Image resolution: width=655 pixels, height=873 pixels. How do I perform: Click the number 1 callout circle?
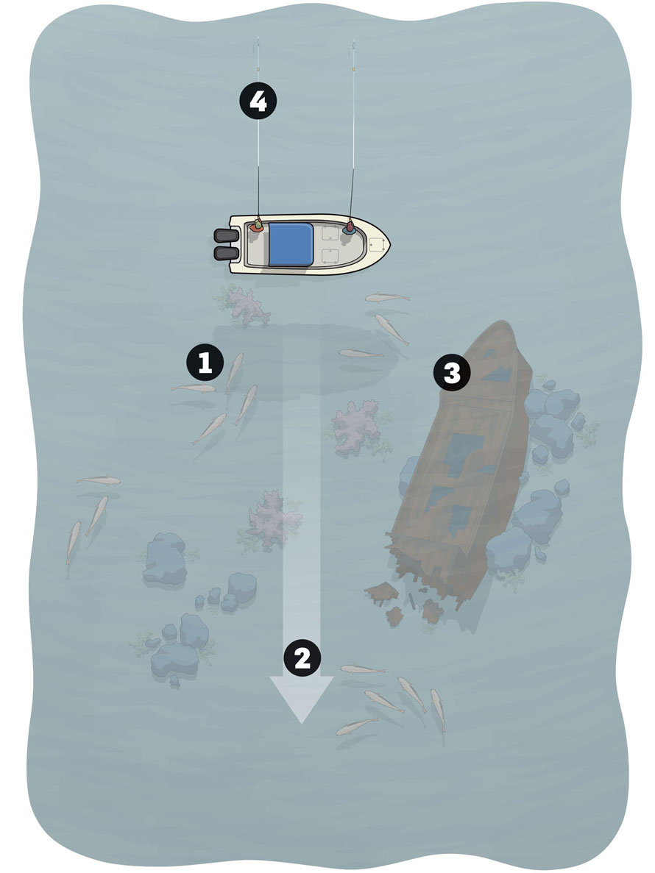(205, 363)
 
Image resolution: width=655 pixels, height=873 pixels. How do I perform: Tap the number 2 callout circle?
(302, 658)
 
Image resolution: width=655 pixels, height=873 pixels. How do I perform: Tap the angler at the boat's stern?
(258, 226)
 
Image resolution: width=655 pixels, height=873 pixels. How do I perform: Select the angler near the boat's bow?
(350, 227)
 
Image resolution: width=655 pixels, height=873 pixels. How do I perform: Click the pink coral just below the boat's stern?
(243, 304)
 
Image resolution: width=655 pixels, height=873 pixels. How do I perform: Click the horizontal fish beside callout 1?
(194, 388)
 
